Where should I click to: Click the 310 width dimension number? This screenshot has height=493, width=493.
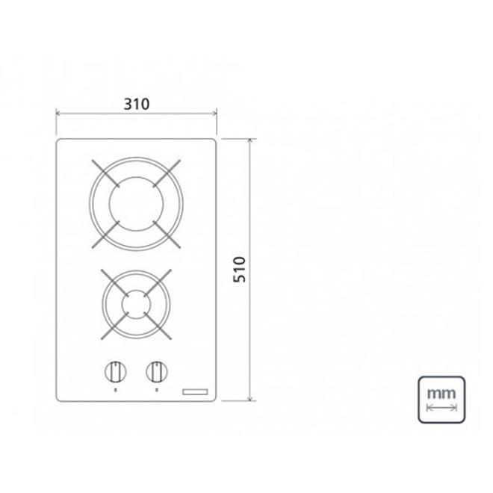[x=137, y=103]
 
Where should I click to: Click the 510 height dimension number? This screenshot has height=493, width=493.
[x=240, y=270]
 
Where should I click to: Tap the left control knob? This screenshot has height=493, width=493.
[x=114, y=370]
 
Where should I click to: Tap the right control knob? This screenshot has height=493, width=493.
[x=157, y=370]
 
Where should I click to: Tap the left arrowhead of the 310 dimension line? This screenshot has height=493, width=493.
[x=59, y=114]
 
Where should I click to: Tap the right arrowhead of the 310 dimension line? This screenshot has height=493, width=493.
[x=214, y=114]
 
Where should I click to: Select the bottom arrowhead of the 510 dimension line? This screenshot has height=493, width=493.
[x=249, y=400]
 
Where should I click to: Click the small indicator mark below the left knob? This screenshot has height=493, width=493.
[x=114, y=389]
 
